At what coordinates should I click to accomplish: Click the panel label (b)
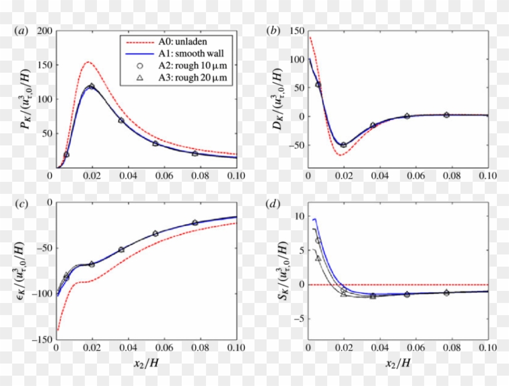click(x=274, y=30)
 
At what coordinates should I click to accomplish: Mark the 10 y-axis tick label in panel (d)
click(x=298, y=215)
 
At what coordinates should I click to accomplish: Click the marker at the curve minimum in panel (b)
click(x=344, y=145)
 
